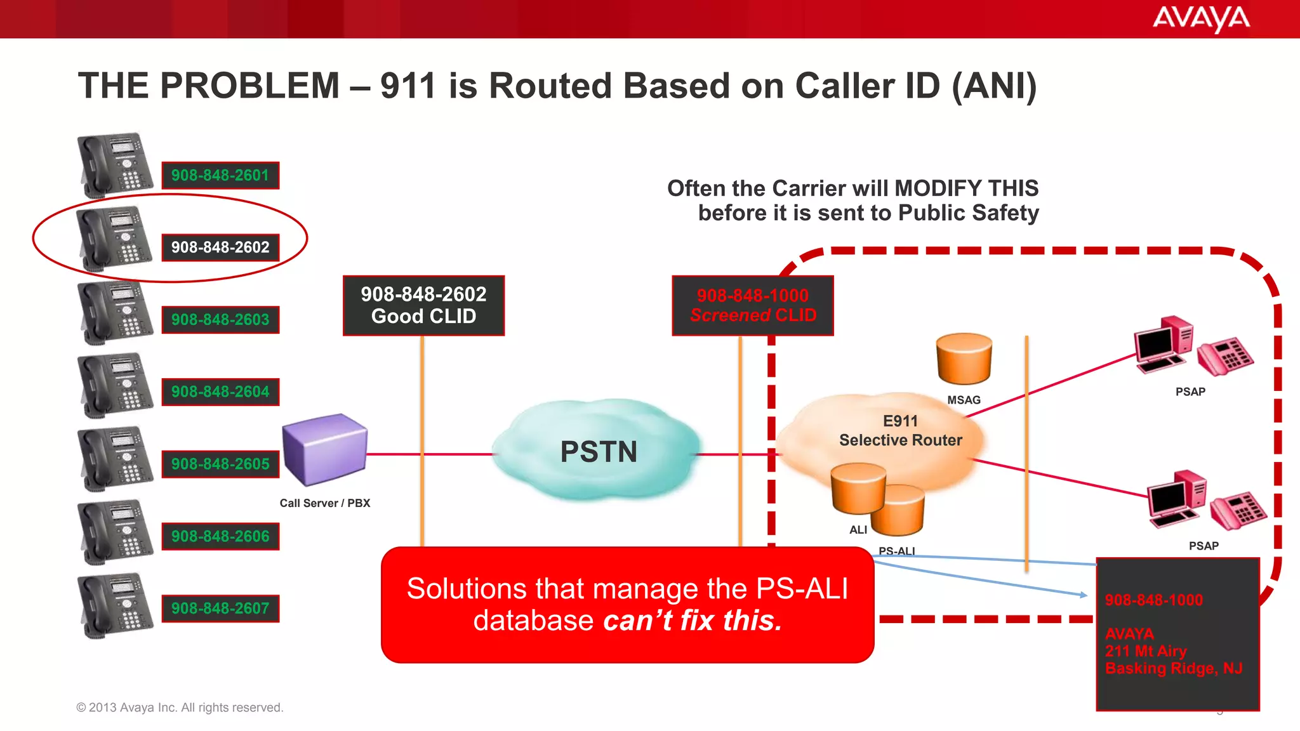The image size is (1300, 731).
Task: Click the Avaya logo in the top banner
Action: coord(1200,18)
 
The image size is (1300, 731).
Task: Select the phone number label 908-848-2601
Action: coord(220,175)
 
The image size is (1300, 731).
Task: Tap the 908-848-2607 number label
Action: coord(220,609)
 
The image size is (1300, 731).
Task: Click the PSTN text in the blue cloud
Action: coord(598,452)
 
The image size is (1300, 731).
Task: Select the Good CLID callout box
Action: coord(423,305)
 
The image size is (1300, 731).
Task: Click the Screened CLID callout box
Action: coord(752,305)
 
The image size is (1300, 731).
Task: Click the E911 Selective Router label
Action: coord(900,431)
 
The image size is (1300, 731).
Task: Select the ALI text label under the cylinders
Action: coord(858,530)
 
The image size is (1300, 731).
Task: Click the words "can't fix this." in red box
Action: coord(692,621)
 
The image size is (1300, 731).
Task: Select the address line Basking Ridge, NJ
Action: coord(1173,668)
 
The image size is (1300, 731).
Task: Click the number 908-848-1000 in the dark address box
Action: coord(1153,600)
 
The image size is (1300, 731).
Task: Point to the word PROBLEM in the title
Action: coord(250,86)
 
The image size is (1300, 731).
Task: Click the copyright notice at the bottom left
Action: coord(180,708)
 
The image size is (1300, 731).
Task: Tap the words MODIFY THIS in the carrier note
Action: coord(966,188)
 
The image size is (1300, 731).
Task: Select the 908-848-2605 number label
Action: coord(220,464)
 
